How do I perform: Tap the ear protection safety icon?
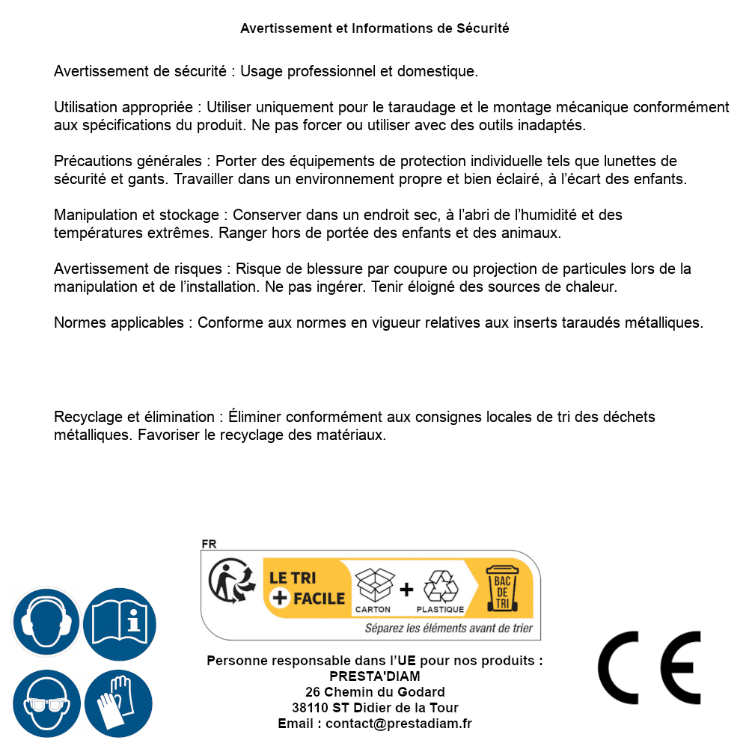coord(46,622)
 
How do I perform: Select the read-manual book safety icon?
coord(119,622)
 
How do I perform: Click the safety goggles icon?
coord(46,703)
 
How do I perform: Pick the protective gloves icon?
coord(119,703)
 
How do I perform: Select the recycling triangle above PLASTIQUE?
coord(440,586)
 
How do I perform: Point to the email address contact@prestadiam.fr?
coord(399,724)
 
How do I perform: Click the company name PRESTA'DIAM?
coord(375,676)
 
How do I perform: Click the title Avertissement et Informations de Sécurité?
coord(375,28)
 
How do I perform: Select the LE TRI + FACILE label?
coord(307,587)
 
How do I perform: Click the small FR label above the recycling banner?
coord(209,544)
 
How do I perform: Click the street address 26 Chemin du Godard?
coord(375,692)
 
